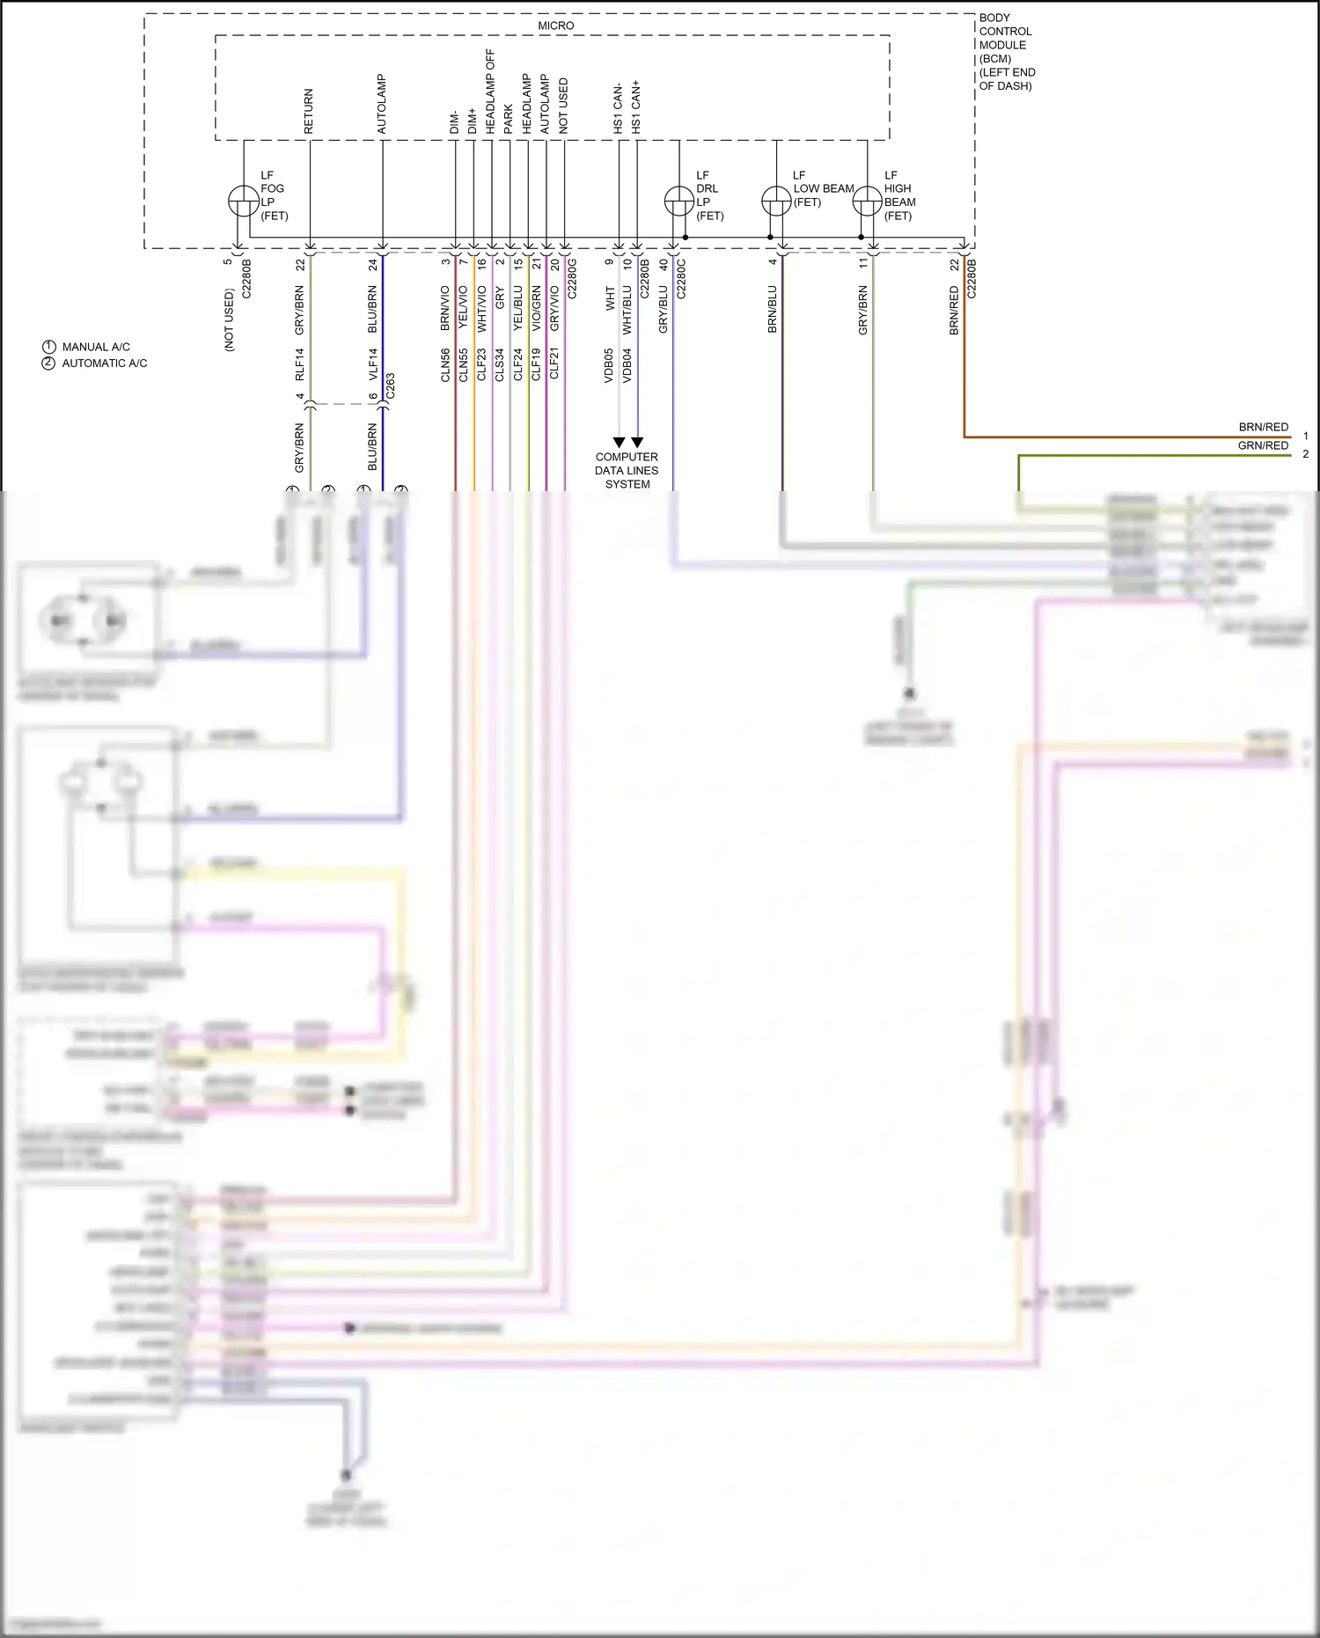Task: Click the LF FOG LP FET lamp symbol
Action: (243, 202)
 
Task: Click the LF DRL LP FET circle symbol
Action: (678, 202)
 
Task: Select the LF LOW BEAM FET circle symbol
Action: (776, 202)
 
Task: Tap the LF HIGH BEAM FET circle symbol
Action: (868, 202)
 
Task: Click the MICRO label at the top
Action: (555, 26)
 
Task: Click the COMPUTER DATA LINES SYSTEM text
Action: (627, 470)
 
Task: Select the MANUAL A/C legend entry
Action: (95, 347)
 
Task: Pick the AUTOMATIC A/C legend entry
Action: (104, 363)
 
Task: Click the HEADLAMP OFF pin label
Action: (490, 92)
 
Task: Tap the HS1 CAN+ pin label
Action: (636, 107)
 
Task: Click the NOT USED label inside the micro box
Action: (563, 106)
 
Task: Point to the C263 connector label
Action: (391, 386)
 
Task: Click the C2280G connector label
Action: (572, 278)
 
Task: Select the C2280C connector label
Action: (681, 278)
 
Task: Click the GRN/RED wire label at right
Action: (1263, 445)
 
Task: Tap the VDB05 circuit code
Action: (609, 364)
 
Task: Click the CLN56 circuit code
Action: (445, 364)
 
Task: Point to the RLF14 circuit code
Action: (299, 364)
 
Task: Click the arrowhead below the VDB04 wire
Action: (637, 442)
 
